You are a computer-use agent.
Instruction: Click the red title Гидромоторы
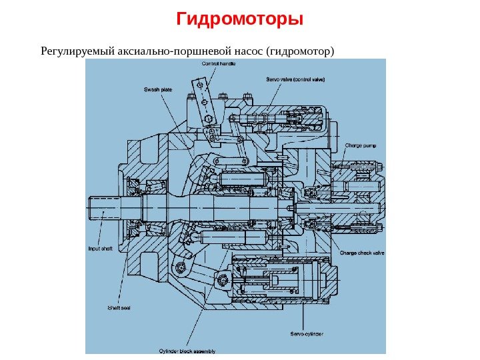point(240,18)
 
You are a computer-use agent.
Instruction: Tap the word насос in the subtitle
point(247,51)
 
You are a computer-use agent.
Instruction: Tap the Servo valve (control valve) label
point(295,79)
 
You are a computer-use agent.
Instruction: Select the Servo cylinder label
point(306,333)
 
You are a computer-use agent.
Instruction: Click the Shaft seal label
point(119,307)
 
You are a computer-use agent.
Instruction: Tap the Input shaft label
point(101,249)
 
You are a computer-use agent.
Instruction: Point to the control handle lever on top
point(200,93)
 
